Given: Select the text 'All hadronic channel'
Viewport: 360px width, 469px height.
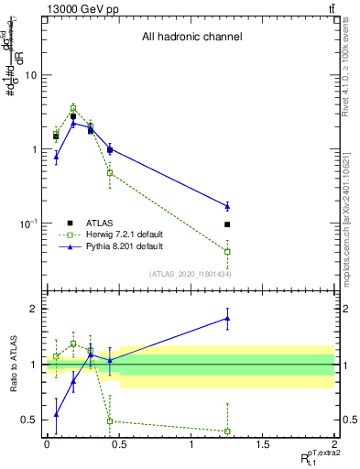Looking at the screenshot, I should [x=191, y=38].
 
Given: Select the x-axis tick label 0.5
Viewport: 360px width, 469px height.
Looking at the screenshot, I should [x=118, y=445].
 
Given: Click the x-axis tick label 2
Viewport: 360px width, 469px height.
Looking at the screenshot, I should [x=333, y=445].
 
